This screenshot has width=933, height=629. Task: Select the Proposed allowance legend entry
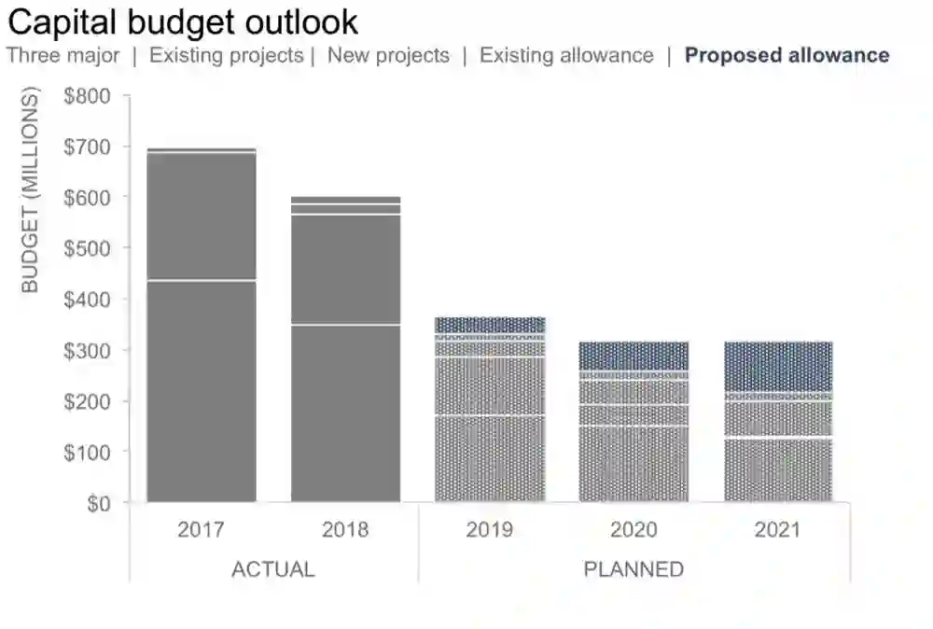click(x=787, y=55)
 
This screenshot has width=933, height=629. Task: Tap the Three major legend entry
click(x=63, y=55)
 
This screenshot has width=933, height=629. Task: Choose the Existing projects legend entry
click(x=227, y=55)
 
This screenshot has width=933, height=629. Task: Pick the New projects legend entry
click(x=388, y=55)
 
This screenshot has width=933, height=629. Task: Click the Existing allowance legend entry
click(x=566, y=55)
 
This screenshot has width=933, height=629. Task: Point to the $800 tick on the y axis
click(x=87, y=96)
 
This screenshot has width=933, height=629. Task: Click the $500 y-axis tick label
click(x=87, y=249)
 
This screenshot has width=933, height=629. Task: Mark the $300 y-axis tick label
click(x=87, y=351)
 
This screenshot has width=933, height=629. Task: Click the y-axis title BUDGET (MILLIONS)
click(x=31, y=190)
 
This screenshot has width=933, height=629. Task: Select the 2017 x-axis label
click(x=201, y=530)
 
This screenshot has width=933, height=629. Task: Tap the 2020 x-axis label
click(x=634, y=530)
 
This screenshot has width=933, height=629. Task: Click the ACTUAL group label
click(x=272, y=569)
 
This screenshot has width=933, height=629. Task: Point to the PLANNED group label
click(x=634, y=569)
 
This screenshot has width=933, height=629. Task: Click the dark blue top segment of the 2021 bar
click(x=778, y=366)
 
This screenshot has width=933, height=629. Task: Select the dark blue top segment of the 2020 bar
click(x=634, y=356)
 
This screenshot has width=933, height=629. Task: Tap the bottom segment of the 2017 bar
click(x=202, y=392)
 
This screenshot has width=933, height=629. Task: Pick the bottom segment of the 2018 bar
click(x=345, y=414)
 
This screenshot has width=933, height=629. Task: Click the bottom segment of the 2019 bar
click(x=490, y=459)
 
